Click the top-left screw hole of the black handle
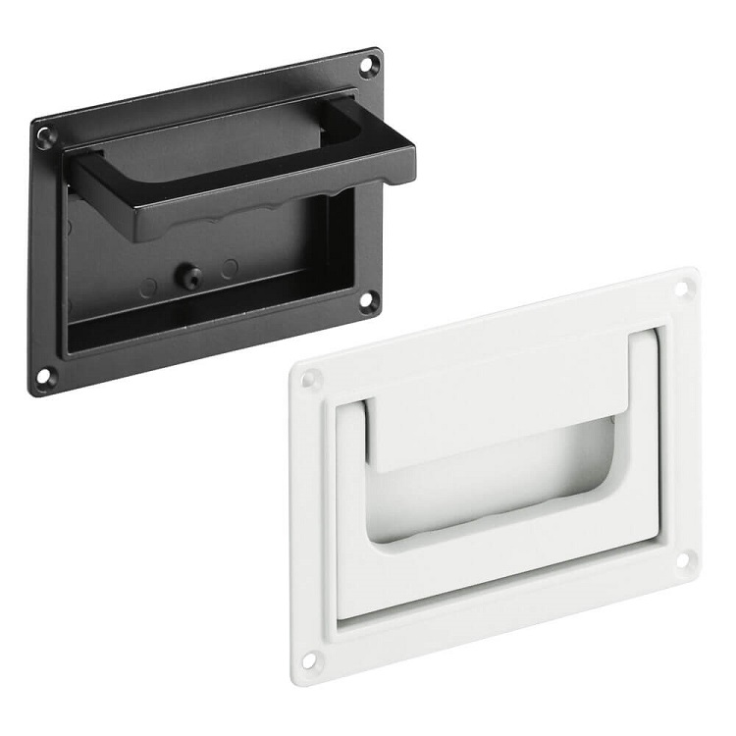tap(45, 137)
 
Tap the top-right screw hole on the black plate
tap(368, 67)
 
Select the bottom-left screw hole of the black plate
tap(45, 376)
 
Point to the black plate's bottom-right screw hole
tap(368, 301)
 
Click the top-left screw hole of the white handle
tap(310, 379)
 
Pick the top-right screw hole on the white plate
tap(683, 288)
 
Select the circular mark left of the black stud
tap(147, 289)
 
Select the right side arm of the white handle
tap(643, 432)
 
